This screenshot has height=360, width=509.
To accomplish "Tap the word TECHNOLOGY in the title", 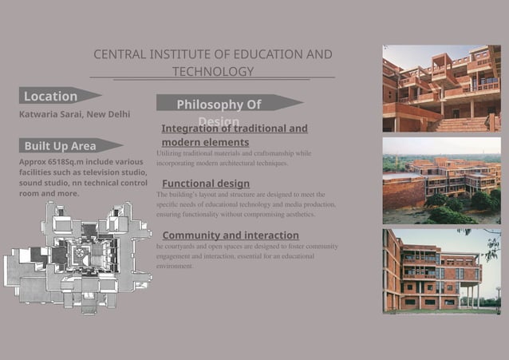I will tap(213, 72).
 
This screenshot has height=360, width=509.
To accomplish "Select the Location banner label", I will tap(50, 97).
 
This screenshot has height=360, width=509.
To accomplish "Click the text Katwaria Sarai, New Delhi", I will tap(74, 114).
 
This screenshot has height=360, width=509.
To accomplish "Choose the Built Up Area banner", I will tap(60, 146).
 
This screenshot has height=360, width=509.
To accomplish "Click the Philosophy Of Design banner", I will tap(219, 105).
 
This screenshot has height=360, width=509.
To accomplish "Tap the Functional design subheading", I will tap(205, 184).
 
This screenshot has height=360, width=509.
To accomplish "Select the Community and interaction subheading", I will tap(231, 235).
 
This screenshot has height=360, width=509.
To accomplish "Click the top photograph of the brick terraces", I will tap(441, 88).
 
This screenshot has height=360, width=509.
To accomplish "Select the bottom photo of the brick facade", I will tap(441, 270).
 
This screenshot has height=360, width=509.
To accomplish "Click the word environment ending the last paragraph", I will tap(175, 267).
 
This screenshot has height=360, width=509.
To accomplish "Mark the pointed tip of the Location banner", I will tap(101, 95).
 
